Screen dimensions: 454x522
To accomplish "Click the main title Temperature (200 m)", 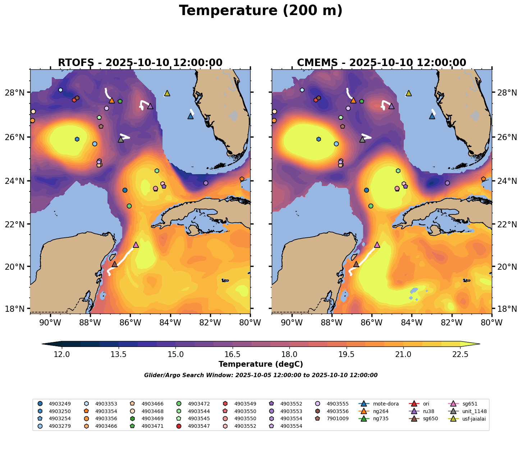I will pos(261,11).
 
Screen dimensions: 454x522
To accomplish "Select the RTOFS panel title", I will pos(140,63).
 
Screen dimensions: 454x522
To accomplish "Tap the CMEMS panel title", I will pos(381,63).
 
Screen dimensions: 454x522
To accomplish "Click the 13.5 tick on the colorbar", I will pos(119,355).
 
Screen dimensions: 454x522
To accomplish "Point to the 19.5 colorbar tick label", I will pos(346,355).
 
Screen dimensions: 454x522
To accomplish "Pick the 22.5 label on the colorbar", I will pos(460,355).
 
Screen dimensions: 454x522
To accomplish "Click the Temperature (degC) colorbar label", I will pos(261,364).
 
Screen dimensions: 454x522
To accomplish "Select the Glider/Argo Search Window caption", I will pos(261,375).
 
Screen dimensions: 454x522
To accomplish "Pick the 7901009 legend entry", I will pos(334,418).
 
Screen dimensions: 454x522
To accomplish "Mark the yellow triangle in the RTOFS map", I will pos(167,93).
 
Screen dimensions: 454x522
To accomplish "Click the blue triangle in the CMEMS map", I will pos(432,116).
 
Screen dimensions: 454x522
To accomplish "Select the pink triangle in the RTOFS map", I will pos(136,245).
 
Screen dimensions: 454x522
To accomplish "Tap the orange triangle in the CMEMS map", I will pos(353,100).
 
